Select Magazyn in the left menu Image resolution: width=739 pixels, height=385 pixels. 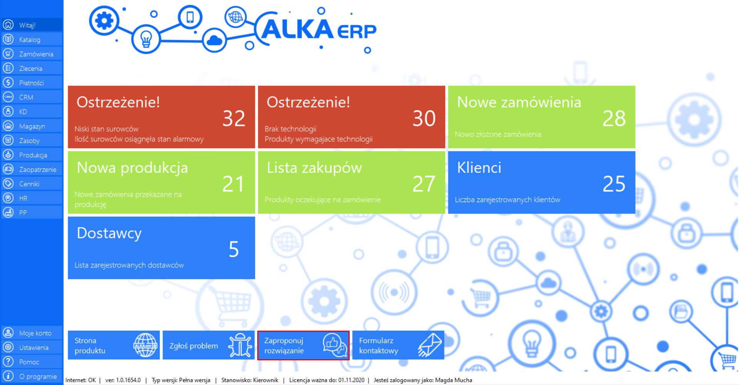click(x=32, y=126)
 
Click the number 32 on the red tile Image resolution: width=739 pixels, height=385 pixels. click(x=234, y=119)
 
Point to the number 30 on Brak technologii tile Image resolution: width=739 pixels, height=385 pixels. click(x=424, y=119)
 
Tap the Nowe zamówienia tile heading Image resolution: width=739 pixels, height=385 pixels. click(x=519, y=102)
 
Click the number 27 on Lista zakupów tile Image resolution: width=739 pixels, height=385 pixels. click(x=424, y=184)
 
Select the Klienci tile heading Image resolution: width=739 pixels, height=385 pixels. click(x=479, y=167)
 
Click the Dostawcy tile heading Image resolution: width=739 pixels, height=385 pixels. click(x=109, y=233)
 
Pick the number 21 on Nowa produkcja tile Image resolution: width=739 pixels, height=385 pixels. click(x=233, y=184)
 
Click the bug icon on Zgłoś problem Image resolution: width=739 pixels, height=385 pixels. click(x=240, y=345)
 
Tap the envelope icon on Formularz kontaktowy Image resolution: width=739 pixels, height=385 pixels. click(x=430, y=345)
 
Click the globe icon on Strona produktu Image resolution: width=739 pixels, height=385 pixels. click(x=145, y=345)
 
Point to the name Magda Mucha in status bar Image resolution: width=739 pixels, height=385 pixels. click(x=454, y=380)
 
